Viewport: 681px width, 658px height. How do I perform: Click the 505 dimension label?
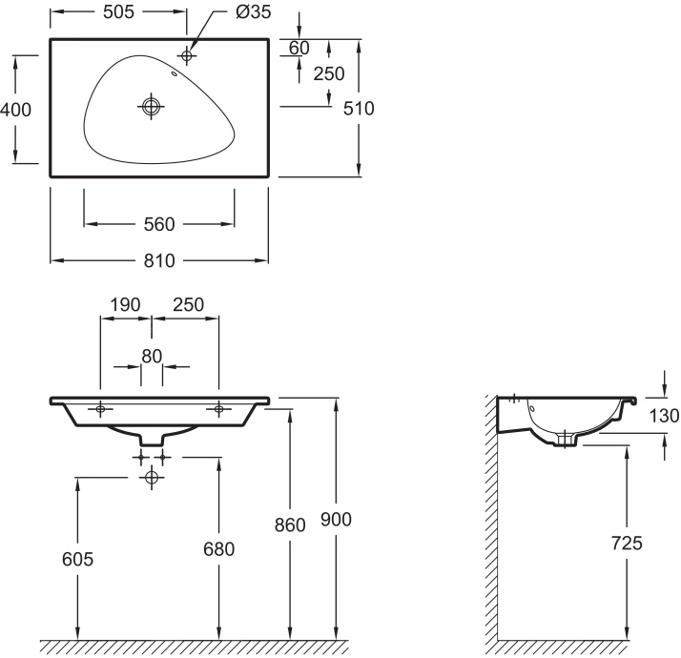point(118,11)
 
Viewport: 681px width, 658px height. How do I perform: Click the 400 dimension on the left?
point(16,110)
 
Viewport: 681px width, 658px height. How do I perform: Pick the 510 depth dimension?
point(359,108)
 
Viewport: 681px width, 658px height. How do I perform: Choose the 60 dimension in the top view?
point(299,48)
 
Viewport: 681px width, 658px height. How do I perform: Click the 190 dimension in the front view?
point(125,304)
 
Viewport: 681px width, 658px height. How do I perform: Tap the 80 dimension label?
point(152,356)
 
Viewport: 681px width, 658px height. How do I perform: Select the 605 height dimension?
point(77,559)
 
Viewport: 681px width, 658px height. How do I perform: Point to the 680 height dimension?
point(218,548)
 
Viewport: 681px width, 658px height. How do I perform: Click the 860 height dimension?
point(290,524)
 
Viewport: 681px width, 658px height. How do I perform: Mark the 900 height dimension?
point(337,519)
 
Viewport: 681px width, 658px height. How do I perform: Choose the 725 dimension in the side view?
point(627,544)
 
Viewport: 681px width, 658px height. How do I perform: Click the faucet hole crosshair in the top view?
point(186,56)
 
